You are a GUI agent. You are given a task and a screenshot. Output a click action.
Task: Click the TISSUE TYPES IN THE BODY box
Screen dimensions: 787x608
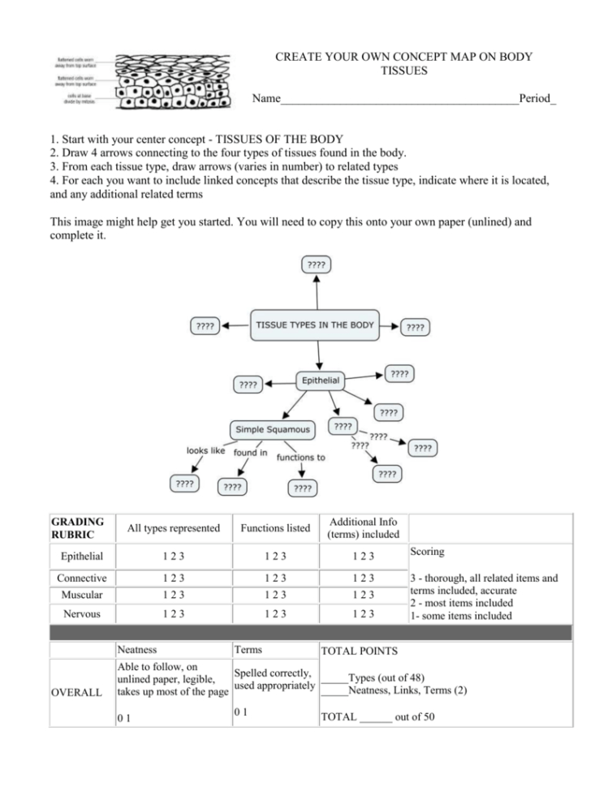[x=315, y=325]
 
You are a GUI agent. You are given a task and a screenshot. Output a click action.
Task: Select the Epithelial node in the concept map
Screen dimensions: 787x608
[x=321, y=380]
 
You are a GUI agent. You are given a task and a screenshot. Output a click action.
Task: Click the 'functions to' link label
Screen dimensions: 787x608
[x=300, y=458]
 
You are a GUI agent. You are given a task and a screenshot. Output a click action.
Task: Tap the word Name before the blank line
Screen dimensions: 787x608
[x=265, y=99]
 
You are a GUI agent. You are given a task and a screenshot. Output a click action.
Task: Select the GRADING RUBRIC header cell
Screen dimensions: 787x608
[x=78, y=527]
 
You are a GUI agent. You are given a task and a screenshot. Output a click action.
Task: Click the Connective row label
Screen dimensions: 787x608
[x=82, y=578]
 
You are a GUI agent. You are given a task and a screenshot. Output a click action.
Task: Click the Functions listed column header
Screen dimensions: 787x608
[x=275, y=528]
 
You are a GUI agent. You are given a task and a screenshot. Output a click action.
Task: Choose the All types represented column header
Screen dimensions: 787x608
[x=174, y=528]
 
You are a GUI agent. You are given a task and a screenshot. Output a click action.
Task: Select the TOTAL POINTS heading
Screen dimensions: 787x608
[x=359, y=651]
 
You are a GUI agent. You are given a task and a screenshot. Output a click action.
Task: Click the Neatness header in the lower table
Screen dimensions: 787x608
[x=137, y=650]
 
